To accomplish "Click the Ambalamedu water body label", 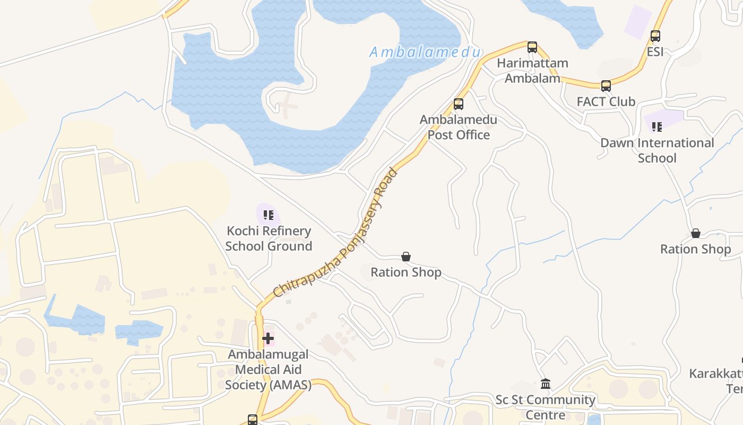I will coord(425,52).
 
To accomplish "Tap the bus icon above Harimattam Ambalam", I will coord(532,47).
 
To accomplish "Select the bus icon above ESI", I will coord(655,36).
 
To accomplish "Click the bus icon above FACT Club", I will coord(606,86).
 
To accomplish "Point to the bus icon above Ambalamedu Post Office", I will coord(459,104).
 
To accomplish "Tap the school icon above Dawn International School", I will coord(657,127).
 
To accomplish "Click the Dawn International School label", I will coord(657,150).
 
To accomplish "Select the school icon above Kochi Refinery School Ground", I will coord(269,215).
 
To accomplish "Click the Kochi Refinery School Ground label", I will coord(269,239).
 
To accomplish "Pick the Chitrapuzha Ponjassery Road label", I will coord(335,233).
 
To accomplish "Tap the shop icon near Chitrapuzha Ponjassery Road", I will coord(406,257).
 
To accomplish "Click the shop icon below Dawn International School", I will coord(696,234).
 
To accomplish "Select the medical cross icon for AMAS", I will coord(268,338).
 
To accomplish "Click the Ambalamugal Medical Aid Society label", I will coord(268,369).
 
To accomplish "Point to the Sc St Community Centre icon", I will coord(546,384).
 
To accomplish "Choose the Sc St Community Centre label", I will coord(546,407).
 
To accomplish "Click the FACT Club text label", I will coord(606,101).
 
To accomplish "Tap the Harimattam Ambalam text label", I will coord(532,71).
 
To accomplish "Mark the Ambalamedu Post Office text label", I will coord(459,127).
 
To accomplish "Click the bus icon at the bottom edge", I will coord(253,420).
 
